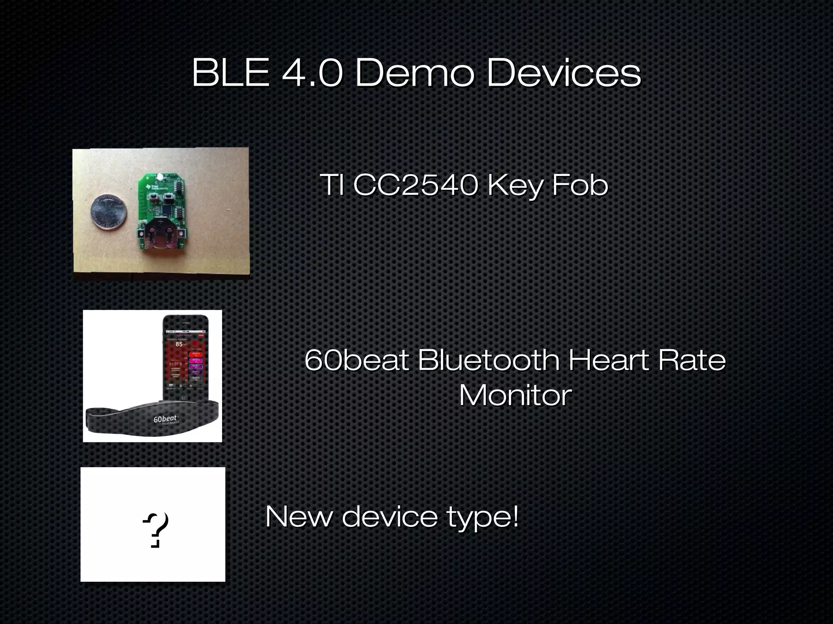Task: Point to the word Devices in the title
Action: point(564,73)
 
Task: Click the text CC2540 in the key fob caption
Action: point(414,185)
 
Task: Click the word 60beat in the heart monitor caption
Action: point(357,360)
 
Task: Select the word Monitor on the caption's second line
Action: point(515,395)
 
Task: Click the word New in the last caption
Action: point(298,517)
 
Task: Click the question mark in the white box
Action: point(156,529)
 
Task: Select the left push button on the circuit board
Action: point(154,199)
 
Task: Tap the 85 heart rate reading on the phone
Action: point(179,344)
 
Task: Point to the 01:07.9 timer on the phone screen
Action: point(176,364)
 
